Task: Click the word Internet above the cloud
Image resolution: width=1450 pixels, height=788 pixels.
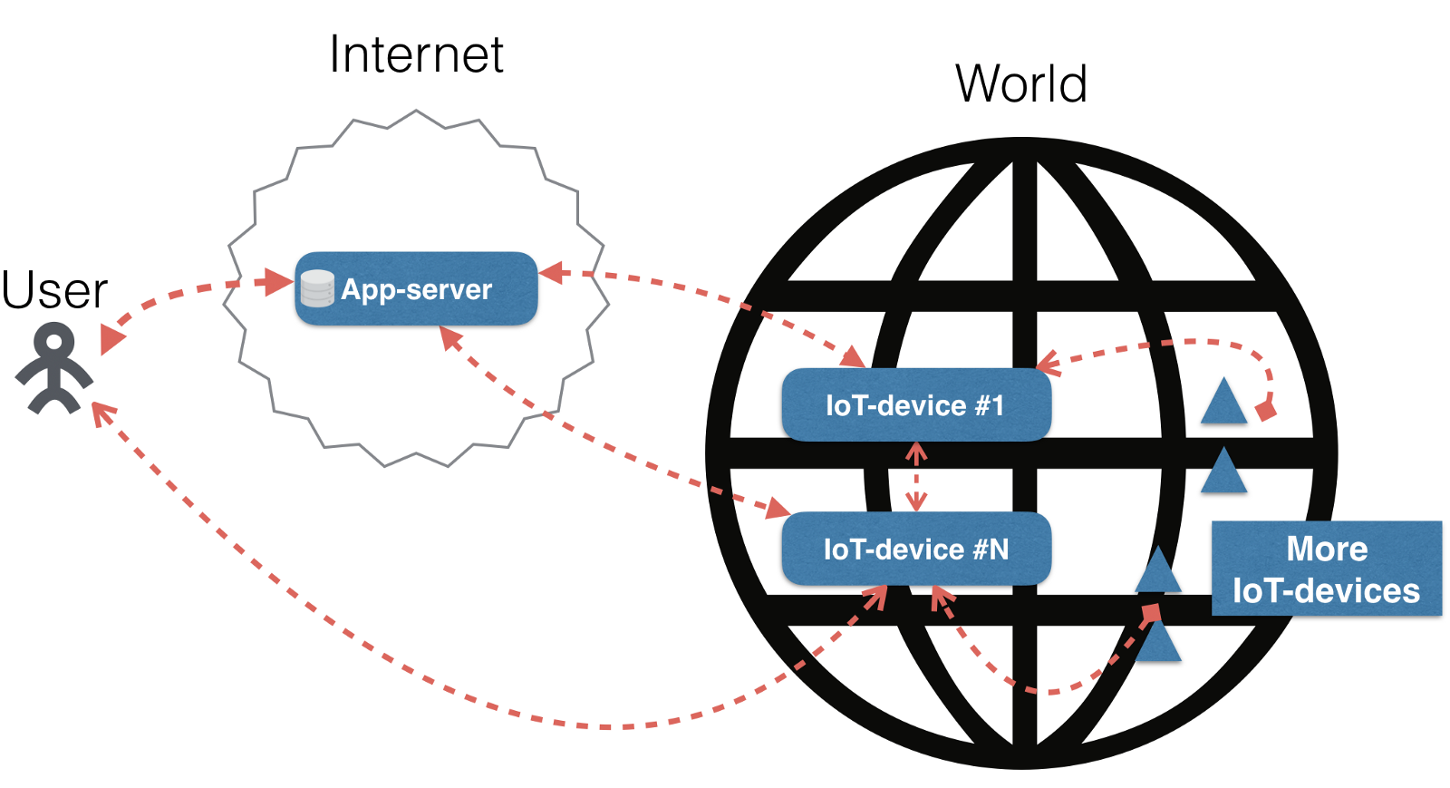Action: pyautogui.click(x=416, y=54)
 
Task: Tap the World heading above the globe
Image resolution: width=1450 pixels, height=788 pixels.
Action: pyautogui.click(x=1020, y=84)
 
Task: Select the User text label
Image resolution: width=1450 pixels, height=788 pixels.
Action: pyautogui.click(x=54, y=290)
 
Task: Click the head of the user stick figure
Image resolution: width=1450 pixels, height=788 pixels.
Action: pyautogui.click(x=54, y=343)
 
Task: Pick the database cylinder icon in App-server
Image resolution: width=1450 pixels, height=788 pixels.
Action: pyautogui.click(x=317, y=288)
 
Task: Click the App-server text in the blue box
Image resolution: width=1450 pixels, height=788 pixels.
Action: pyautogui.click(x=416, y=289)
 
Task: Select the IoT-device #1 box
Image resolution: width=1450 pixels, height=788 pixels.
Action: pyautogui.click(x=915, y=404)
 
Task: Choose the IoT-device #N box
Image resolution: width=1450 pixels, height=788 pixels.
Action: pyautogui.click(x=915, y=549)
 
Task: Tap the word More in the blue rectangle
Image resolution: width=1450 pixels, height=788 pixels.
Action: pyautogui.click(x=1327, y=549)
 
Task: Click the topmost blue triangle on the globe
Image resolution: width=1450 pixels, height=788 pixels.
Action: pyautogui.click(x=1223, y=403)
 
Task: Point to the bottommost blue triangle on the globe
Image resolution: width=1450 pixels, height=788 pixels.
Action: pyautogui.click(x=1158, y=643)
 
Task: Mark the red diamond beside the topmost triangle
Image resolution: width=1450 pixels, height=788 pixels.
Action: pyautogui.click(x=1266, y=411)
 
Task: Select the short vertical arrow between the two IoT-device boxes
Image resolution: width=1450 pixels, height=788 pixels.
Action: pyautogui.click(x=916, y=477)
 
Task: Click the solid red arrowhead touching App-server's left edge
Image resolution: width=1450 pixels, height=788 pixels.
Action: pyautogui.click(x=278, y=282)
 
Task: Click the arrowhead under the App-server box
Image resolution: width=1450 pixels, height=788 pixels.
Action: pyautogui.click(x=450, y=337)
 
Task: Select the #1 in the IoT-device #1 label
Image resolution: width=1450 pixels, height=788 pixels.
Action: pyautogui.click(x=989, y=405)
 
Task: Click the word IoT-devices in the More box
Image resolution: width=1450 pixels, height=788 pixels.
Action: pyautogui.click(x=1326, y=591)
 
